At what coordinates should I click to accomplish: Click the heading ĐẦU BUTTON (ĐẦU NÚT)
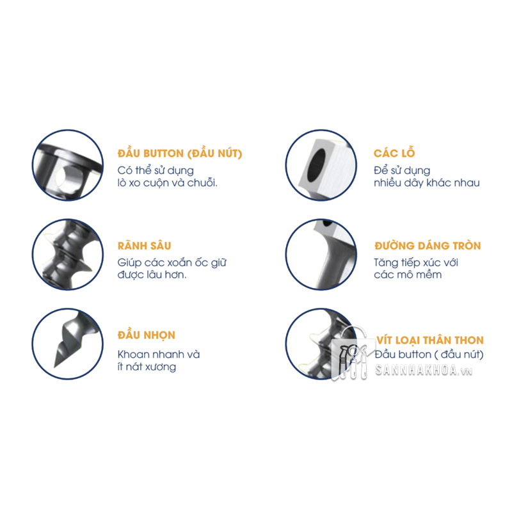pyautogui.click(x=180, y=154)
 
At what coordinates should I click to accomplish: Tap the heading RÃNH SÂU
pyautogui.click(x=144, y=246)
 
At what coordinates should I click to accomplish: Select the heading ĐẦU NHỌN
pyautogui.click(x=146, y=335)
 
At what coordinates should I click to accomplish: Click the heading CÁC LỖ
pyautogui.click(x=394, y=154)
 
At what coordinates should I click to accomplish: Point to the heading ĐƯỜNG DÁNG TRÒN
pyautogui.click(x=427, y=246)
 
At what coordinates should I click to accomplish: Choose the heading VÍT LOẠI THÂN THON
pyautogui.click(x=429, y=340)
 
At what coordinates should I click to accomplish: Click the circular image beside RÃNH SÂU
pyautogui.click(x=68, y=255)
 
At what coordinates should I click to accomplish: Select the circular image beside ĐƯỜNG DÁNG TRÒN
pyautogui.click(x=320, y=255)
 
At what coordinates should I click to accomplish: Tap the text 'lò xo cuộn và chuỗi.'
pyautogui.click(x=168, y=183)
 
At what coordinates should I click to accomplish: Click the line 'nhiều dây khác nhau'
pyautogui.click(x=426, y=183)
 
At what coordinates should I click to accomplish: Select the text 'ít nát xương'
pyautogui.click(x=147, y=367)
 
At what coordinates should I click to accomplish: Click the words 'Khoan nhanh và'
pyautogui.click(x=159, y=354)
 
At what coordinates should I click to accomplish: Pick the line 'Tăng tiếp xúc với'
pyautogui.click(x=416, y=262)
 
